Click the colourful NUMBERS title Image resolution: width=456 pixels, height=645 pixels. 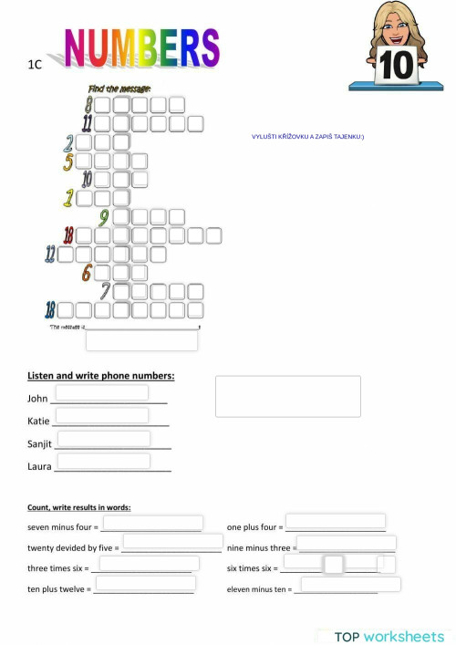point(141,47)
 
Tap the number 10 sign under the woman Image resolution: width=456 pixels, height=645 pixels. point(397,66)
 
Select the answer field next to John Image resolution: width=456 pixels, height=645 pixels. point(102,392)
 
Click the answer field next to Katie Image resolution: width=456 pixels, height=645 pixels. point(101,415)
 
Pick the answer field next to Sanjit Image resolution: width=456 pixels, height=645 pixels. point(103,439)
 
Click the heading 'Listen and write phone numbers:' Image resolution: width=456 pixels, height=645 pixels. point(101,375)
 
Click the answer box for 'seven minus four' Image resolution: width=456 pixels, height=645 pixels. point(151,523)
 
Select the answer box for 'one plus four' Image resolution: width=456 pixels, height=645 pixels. point(335,522)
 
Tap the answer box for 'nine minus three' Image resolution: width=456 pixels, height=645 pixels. point(347,543)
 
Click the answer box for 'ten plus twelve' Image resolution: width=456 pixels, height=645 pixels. point(145,584)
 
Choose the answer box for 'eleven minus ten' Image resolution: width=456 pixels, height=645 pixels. point(350,584)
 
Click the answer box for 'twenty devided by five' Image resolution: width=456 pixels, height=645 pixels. point(172,542)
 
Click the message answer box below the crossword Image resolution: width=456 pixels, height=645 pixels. point(141,340)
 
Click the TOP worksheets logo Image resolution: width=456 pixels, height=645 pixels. point(389,636)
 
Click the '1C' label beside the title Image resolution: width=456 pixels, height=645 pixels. point(36,65)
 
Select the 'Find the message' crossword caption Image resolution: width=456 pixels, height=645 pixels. point(119,88)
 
